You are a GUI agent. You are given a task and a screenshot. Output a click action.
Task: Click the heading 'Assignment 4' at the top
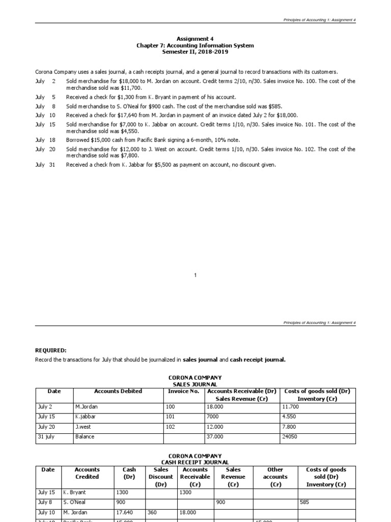pyautogui.click(x=195, y=39)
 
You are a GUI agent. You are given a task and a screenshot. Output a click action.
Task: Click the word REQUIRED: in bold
pyautogui.click(x=51, y=351)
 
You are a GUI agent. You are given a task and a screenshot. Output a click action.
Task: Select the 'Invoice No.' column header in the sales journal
pyautogui.click(x=183, y=391)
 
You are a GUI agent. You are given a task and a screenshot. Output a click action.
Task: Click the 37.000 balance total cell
pyautogui.click(x=214, y=437)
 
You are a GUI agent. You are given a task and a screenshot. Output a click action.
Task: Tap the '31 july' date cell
pyautogui.click(x=45, y=437)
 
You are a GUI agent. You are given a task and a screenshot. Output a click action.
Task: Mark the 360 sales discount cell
pyautogui.click(x=153, y=512)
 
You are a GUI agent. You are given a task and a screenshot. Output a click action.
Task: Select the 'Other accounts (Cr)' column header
pyautogui.click(x=275, y=477)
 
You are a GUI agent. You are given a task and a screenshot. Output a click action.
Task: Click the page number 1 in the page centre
pyautogui.click(x=195, y=275)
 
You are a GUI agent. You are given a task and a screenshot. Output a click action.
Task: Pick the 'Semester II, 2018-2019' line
pyautogui.click(x=195, y=52)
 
